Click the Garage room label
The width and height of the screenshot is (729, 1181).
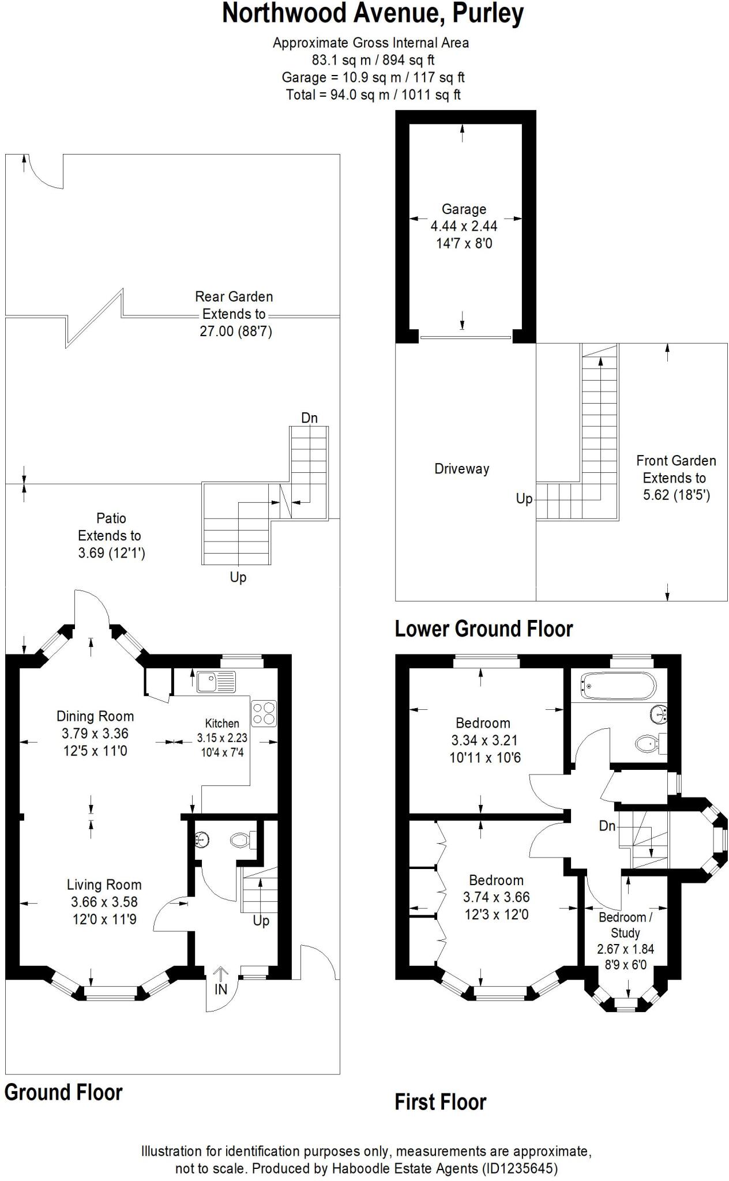[464, 209]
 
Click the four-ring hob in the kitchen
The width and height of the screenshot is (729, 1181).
[264, 713]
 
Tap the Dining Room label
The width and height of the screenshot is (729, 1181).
[95, 717]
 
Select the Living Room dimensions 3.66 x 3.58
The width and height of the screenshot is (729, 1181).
[104, 902]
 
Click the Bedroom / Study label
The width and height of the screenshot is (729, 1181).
[625, 925]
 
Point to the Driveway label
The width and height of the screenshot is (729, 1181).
[461, 469]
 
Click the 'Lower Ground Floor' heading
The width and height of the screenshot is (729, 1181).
[483, 629]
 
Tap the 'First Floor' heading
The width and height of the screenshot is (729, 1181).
[440, 1102]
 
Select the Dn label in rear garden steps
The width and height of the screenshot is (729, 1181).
[309, 418]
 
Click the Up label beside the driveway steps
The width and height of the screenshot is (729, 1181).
[524, 499]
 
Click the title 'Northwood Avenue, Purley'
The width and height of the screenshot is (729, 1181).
[373, 14]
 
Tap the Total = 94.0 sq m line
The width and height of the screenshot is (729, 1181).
[373, 95]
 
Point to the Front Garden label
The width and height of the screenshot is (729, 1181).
[676, 461]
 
